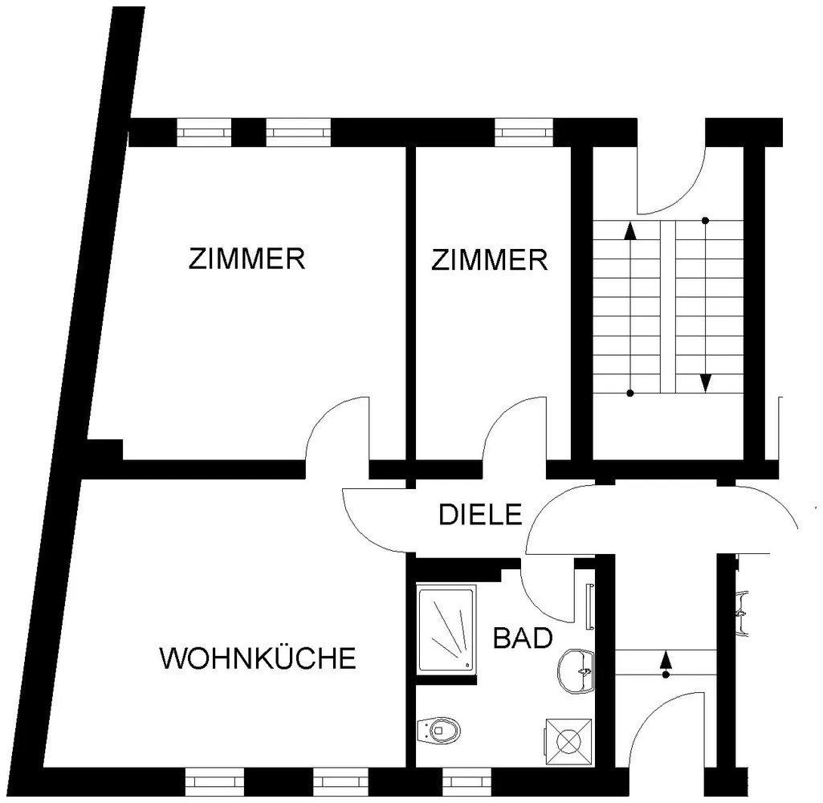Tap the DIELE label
coord(480,515)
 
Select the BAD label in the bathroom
coord(523,638)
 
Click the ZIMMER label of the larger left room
coord(246,259)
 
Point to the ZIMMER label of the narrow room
coord(489,260)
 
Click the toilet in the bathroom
coord(438,729)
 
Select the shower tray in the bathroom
coord(446,630)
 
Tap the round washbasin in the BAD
coord(576,671)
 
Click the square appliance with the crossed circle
coord(568,742)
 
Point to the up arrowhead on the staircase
coord(629,231)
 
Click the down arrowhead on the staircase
coord(706,383)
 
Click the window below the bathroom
coord(467,782)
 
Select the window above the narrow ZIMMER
coord(524,132)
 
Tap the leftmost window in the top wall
coord(204,132)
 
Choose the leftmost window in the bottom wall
coord(214,782)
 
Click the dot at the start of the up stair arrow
coord(629,393)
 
